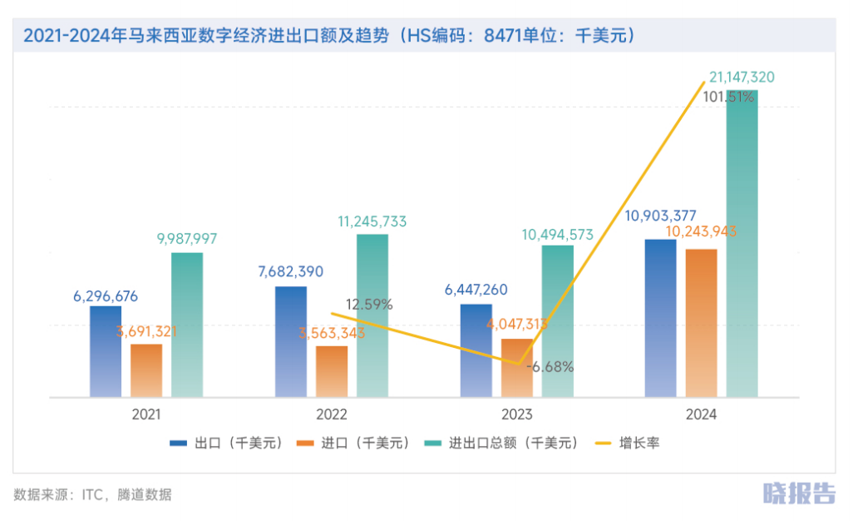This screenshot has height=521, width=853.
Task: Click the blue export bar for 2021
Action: (106, 350)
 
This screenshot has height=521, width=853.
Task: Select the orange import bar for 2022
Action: (332, 370)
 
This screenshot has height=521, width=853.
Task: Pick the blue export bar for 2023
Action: (476, 350)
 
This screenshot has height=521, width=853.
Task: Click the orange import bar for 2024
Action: (702, 322)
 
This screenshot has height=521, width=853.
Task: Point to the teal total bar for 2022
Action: (372, 315)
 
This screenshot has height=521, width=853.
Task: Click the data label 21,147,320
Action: (742, 77)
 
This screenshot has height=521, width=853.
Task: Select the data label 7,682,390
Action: (291, 271)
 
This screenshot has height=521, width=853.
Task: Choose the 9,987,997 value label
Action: (187, 238)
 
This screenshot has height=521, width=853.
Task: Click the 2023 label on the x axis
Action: (516, 414)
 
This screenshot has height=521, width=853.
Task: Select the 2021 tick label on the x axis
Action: (146, 414)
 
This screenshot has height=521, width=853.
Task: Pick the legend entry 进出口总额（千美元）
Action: (501, 444)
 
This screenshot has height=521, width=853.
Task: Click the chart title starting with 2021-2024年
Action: (328, 36)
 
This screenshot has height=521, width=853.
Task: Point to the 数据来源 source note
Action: (92, 494)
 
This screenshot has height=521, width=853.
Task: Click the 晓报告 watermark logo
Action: (799, 493)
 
